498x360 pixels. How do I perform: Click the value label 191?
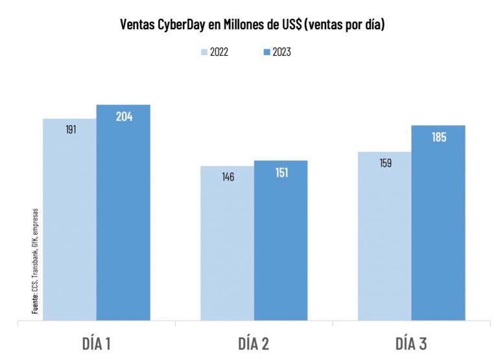pos(71,129)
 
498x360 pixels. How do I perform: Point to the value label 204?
pos(124,117)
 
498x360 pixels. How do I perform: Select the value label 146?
pos(228,176)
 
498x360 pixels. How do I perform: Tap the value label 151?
pos(281,173)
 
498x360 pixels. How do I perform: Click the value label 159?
pos(386,163)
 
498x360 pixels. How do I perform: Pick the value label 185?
pos(439,138)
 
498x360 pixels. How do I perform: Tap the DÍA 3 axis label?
pos(412,342)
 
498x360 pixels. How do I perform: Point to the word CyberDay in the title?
pos(178,25)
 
